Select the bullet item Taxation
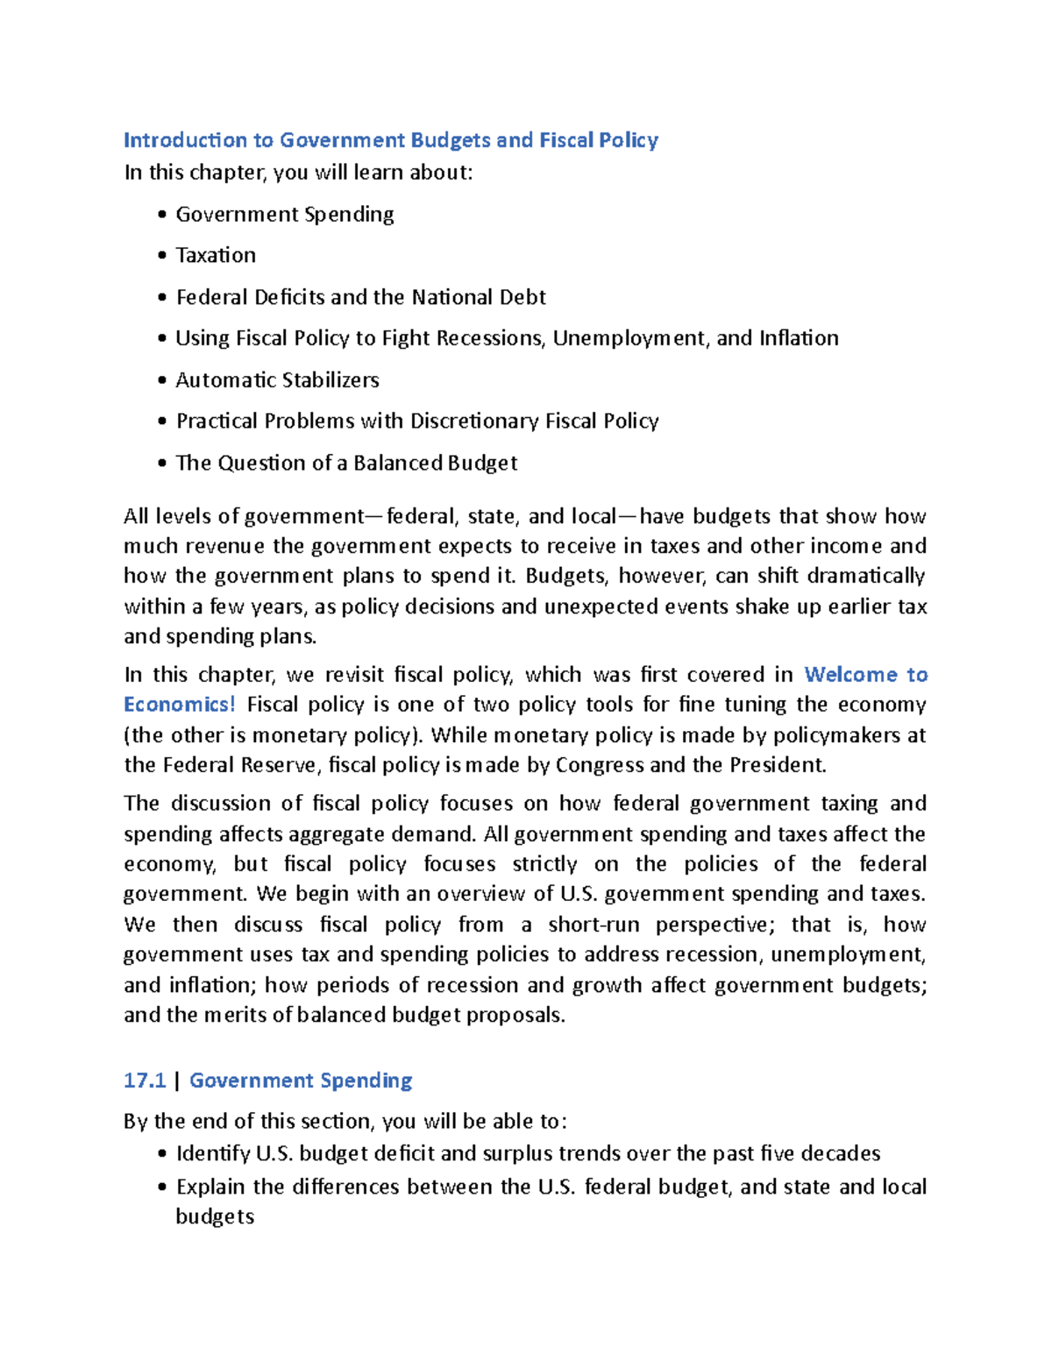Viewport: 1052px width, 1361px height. (x=216, y=255)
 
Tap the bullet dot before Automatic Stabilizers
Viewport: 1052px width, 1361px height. (x=161, y=381)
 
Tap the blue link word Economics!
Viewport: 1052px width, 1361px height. (x=180, y=705)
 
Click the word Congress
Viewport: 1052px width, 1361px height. (x=600, y=765)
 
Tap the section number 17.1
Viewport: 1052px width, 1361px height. (x=145, y=1081)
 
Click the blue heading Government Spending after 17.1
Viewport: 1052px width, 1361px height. (x=301, y=1081)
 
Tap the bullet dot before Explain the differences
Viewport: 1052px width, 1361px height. (x=161, y=1188)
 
